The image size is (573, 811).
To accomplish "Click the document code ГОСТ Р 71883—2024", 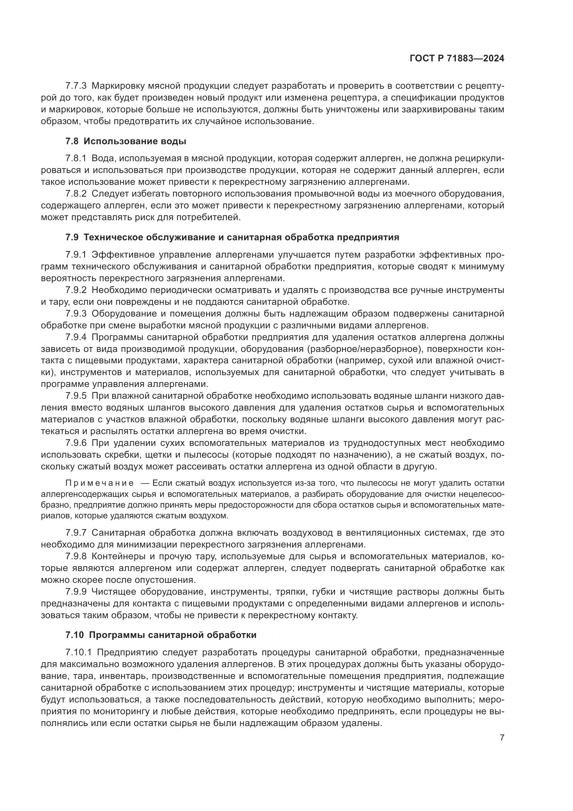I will click(457, 59).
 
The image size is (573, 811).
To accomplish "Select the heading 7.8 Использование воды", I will click(126, 142).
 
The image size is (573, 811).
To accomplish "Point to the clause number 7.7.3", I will click(76, 86).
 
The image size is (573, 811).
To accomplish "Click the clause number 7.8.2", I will click(76, 193).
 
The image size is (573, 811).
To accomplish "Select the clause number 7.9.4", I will click(76, 337).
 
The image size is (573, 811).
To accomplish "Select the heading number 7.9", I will click(72, 238).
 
